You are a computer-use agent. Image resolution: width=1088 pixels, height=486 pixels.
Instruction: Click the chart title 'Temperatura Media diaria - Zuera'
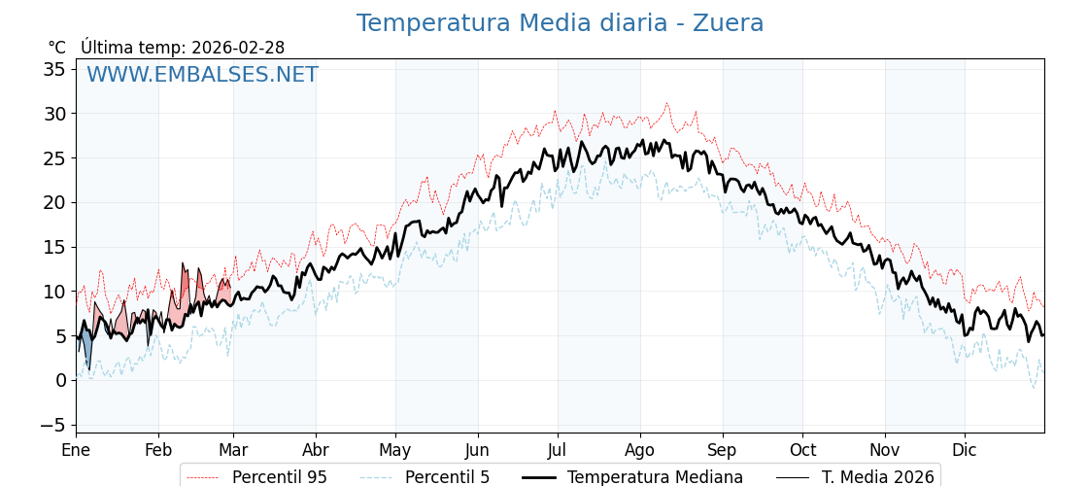(560, 23)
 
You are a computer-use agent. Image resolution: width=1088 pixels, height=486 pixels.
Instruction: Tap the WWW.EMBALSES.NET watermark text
(202, 75)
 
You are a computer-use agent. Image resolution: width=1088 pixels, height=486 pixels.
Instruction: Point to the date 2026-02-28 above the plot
(238, 48)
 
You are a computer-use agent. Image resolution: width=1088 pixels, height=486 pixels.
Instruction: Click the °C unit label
(56, 48)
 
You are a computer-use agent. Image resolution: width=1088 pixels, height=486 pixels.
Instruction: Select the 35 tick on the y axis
(54, 69)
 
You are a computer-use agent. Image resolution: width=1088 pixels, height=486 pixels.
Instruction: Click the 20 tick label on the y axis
(54, 202)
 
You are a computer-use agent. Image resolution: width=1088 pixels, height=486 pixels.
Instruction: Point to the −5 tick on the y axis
(52, 425)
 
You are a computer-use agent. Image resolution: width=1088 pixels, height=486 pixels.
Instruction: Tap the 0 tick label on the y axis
(60, 380)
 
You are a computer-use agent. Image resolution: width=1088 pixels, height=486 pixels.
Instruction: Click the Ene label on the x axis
(76, 450)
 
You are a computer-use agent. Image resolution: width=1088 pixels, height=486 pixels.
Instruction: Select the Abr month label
(315, 450)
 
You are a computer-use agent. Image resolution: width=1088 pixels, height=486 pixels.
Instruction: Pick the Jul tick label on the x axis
(558, 450)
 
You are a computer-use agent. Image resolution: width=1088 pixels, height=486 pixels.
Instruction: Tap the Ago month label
(639, 450)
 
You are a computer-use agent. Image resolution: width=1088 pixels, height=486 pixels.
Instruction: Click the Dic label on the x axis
(965, 450)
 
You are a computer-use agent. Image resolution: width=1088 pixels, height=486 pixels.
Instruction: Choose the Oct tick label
(802, 450)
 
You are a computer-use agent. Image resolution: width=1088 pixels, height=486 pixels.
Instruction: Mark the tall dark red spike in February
(185, 285)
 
